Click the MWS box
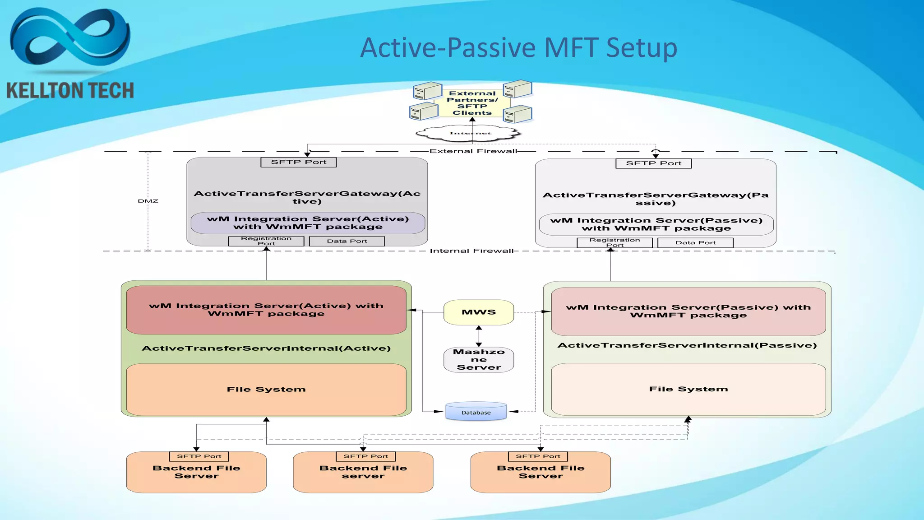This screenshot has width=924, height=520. click(479, 312)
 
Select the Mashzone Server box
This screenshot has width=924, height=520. click(479, 359)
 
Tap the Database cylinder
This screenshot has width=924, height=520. click(476, 412)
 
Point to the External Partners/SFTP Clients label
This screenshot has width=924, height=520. click(472, 103)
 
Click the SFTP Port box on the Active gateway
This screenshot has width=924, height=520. click(298, 162)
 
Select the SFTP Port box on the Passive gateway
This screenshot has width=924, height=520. click(653, 163)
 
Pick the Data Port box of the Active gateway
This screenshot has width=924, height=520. click(347, 241)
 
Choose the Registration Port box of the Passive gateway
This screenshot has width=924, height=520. click(614, 242)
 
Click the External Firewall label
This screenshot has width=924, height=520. click(473, 151)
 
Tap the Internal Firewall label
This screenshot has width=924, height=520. click(471, 251)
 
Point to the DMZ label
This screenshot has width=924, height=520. click(148, 201)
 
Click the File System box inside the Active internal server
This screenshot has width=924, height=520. click(266, 390)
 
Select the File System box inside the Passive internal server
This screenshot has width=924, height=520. click(688, 389)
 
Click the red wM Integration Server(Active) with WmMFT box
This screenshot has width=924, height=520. click(266, 310)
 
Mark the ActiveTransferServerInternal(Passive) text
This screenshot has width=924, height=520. click(687, 345)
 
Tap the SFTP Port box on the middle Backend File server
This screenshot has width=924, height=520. click(365, 456)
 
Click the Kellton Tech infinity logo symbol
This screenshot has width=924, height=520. click(70, 38)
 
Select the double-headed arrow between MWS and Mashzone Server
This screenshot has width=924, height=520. click(479, 336)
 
